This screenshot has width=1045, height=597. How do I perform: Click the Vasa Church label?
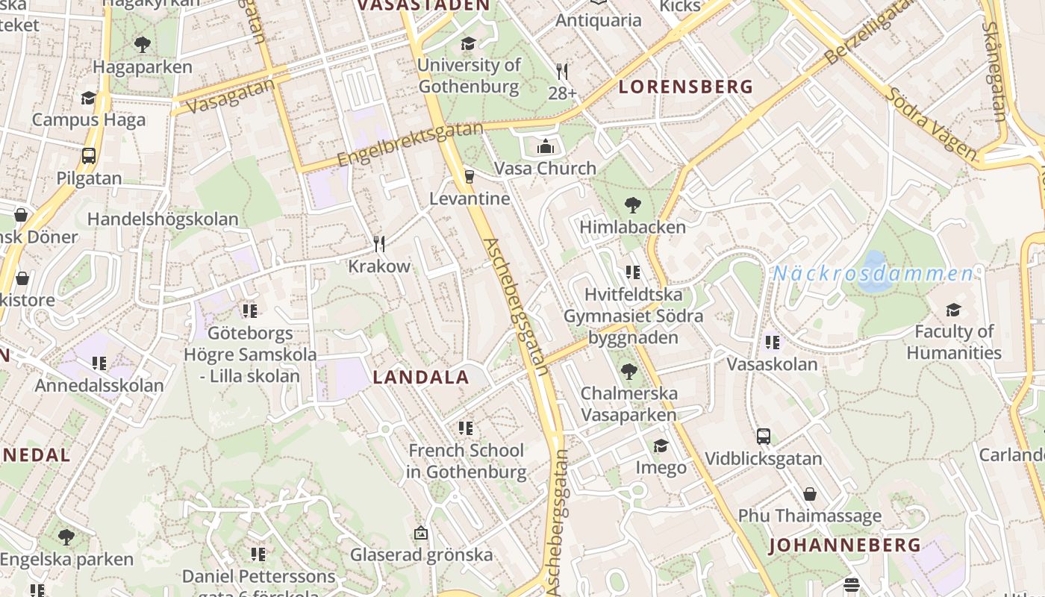click(x=546, y=168)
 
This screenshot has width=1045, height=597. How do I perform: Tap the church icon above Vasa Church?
click(x=546, y=146)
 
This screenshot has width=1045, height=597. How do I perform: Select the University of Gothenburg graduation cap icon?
click(x=468, y=43)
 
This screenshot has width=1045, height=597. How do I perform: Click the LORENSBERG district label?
click(x=686, y=87)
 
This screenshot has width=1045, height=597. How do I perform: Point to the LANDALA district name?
click(x=421, y=378)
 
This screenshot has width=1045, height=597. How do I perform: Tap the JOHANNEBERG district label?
click(x=845, y=545)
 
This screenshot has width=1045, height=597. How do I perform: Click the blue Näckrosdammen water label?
click(x=873, y=273)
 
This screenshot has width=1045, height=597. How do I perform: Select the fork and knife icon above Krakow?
click(x=379, y=243)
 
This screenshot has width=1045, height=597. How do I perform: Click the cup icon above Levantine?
click(x=470, y=176)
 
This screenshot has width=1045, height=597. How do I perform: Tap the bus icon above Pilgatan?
click(x=89, y=156)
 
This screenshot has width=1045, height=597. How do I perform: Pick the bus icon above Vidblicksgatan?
click(x=763, y=437)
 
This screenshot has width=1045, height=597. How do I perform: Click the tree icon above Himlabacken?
click(x=632, y=204)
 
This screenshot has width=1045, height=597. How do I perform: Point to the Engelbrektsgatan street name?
click(x=410, y=145)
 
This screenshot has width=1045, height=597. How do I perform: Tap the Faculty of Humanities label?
click(x=954, y=342)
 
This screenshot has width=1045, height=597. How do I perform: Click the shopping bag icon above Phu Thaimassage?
click(x=810, y=494)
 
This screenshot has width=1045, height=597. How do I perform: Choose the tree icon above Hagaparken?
click(x=143, y=45)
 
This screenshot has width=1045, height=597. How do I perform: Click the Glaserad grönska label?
click(x=422, y=554)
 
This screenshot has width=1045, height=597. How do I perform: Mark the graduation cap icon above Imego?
click(x=661, y=446)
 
